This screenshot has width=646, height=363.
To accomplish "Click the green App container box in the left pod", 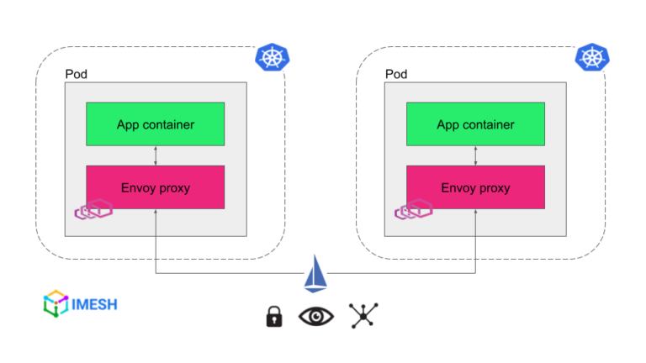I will click(x=156, y=124).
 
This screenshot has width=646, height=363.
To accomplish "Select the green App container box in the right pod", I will click(x=475, y=124).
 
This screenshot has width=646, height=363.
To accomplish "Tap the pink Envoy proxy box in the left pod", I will click(x=156, y=187).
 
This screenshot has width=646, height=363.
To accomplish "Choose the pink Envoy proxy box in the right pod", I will click(x=475, y=187).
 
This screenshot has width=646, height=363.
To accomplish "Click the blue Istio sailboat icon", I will click(x=316, y=276).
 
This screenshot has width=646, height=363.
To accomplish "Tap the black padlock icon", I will click(x=273, y=317).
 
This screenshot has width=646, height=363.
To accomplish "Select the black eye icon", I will click(x=316, y=317).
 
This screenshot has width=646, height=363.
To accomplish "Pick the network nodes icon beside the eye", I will click(x=363, y=316).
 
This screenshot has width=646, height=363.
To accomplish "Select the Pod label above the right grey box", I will click(x=395, y=75).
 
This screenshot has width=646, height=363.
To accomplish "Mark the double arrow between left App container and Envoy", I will click(x=156, y=155).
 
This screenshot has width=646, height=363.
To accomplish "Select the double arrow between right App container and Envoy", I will click(x=475, y=155).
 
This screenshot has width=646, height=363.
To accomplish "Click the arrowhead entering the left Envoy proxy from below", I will click(x=156, y=213).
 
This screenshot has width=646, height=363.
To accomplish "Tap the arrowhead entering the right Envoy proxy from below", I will click(x=475, y=213).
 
